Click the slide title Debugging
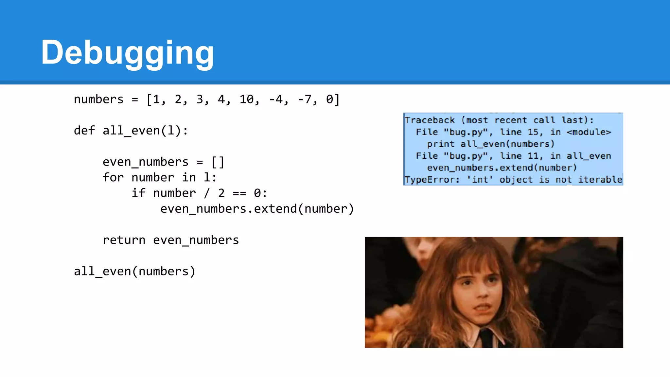pos(127,52)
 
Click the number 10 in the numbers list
pos(246,99)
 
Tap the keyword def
pos(84,131)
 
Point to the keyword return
pos(124,240)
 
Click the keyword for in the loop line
pos(113,177)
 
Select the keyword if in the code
pos(138,193)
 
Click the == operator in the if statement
pos(239,193)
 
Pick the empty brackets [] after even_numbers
pos(218,162)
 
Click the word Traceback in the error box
pos(430,120)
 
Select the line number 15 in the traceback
pos(533,132)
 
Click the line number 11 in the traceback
pos(533,156)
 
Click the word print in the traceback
pos(441,144)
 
